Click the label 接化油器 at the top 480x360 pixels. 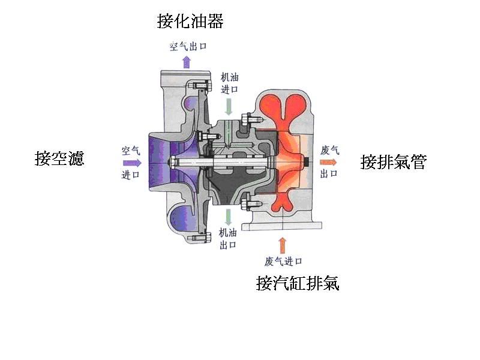[x=190, y=22]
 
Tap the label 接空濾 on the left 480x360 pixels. [x=59, y=159]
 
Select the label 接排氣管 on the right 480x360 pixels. [x=393, y=162]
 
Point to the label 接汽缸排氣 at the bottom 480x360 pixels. [x=298, y=283]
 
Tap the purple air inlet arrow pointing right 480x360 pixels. [x=131, y=162]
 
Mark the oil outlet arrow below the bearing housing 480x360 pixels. [x=229, y=216]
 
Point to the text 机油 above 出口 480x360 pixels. [x=228, y=233]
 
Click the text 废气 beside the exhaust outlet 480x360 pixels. [x=330, y=150]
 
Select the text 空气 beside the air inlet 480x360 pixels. [x=131, y=149]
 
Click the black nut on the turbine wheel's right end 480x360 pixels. [x=307, y=162]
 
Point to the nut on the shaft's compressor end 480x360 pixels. [x=173, y=162]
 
